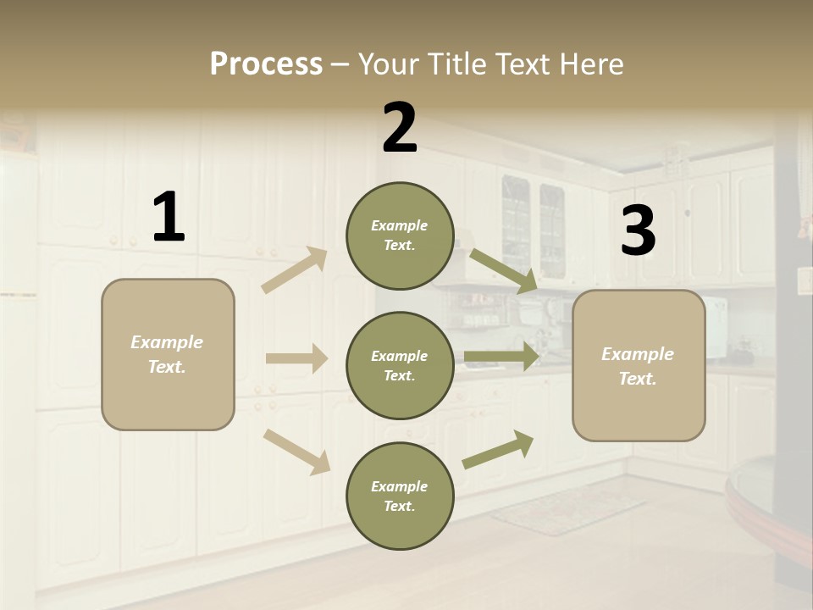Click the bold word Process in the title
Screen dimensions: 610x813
tap(266, 64)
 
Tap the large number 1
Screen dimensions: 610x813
tap(169, 217)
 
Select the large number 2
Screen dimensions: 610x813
tap(400, 128)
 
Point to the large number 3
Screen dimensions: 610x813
tap(638, 230)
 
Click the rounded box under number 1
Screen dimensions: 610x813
tap(168, 354)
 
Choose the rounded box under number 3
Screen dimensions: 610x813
tap(639, 366)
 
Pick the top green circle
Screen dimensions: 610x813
tap(400, 236)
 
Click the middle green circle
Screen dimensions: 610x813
tap(400, 366)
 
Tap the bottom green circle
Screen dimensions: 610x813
tap(400, 496)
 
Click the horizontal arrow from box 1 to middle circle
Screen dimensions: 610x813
tap(296, 358)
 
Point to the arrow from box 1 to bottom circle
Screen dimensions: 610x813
tap(296, 452)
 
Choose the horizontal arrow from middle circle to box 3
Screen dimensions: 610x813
tap(501, 356)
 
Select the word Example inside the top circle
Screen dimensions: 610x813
tap(400, 225)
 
